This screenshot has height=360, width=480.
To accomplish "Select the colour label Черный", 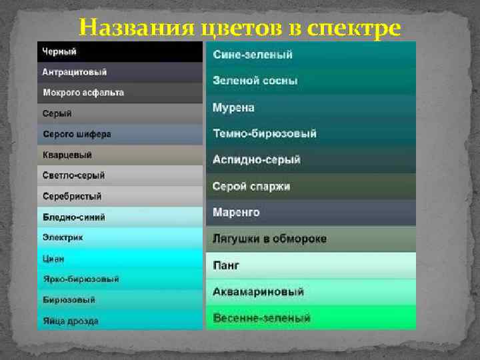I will pos(59,51).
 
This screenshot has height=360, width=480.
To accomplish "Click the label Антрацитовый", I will pos(75,72).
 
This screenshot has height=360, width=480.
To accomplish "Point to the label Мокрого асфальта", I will pos(83,93).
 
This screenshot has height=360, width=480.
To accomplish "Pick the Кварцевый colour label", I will pos(67,155).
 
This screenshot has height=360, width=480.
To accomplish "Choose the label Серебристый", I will pos(72,196).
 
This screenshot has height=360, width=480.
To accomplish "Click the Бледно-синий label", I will pos(74,217).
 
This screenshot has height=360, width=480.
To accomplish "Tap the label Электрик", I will pos(63,237).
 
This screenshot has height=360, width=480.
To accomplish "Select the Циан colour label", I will pos(54,258).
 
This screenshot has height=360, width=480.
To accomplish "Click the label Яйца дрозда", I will pos(71,321).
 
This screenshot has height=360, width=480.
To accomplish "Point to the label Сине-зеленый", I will pos(253,55).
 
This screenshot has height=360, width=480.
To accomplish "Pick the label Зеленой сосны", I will pos(255,81).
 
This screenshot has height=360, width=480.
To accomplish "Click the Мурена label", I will pos(233,107).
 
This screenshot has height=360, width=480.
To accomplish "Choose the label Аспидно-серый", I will pos(257,160).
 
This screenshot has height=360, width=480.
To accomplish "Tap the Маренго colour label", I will pos(236,213).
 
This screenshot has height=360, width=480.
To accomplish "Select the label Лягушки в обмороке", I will pos(269,239).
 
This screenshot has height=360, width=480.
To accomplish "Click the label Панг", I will pos(226,265).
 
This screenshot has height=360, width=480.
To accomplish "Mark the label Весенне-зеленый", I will pos(262,318).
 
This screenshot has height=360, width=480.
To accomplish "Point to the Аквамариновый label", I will pos(259,292).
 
